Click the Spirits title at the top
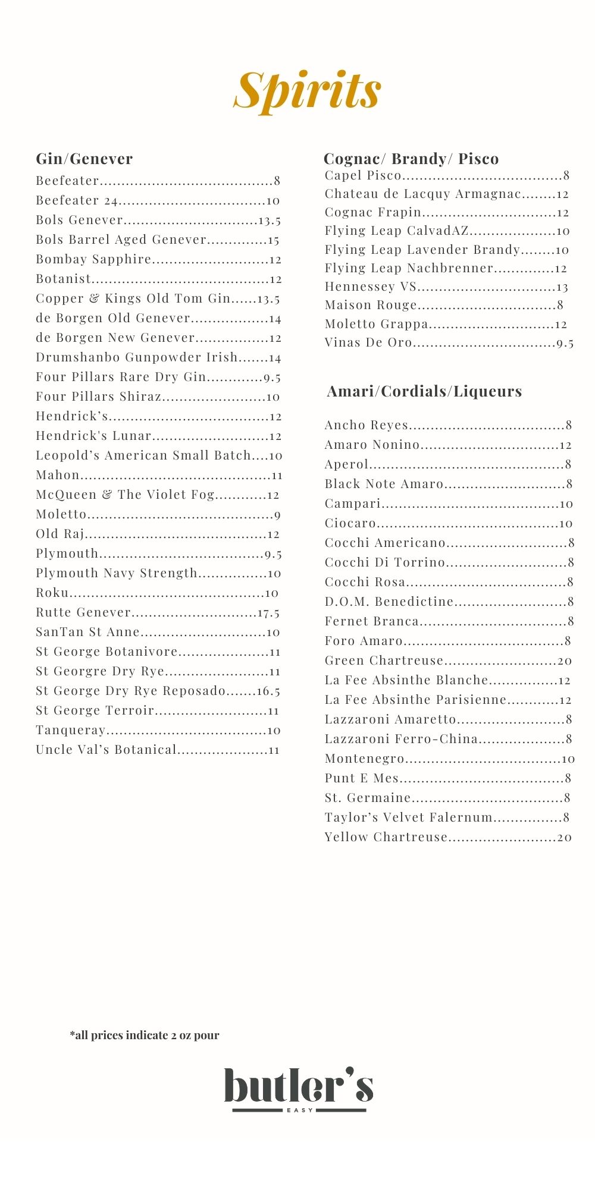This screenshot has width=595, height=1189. (x=307, y=90)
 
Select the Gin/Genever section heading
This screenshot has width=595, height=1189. (x=84, y=159)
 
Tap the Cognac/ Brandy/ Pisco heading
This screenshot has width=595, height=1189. (x=411, y=159)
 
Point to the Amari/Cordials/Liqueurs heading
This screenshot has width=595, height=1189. (x=424, y=391)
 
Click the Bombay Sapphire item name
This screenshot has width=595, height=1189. (x=93, y=259)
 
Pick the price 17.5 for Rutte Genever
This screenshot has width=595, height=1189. (x=268, y=613)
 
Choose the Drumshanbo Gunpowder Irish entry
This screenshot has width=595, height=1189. (x=137, y=357)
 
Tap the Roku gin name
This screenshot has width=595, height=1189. (x=52, y=593)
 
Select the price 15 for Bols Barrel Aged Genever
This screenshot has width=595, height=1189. (x=273, y=240)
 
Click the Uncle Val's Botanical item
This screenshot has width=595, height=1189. (x=107, y=750)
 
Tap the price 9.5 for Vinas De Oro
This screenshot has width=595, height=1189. (x=565, y=344)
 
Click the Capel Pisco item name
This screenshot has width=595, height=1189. (x=363, y=175)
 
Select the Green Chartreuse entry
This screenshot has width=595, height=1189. (x=384, y=660)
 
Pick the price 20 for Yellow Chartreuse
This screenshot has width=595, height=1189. (x=564, y=838)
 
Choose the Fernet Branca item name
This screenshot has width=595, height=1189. (x=372, y=621)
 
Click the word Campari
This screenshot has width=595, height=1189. (x=352, y=504)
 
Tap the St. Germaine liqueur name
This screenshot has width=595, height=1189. (x=368, y=798)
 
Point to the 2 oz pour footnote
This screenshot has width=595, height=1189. (x=145, y=1035)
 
